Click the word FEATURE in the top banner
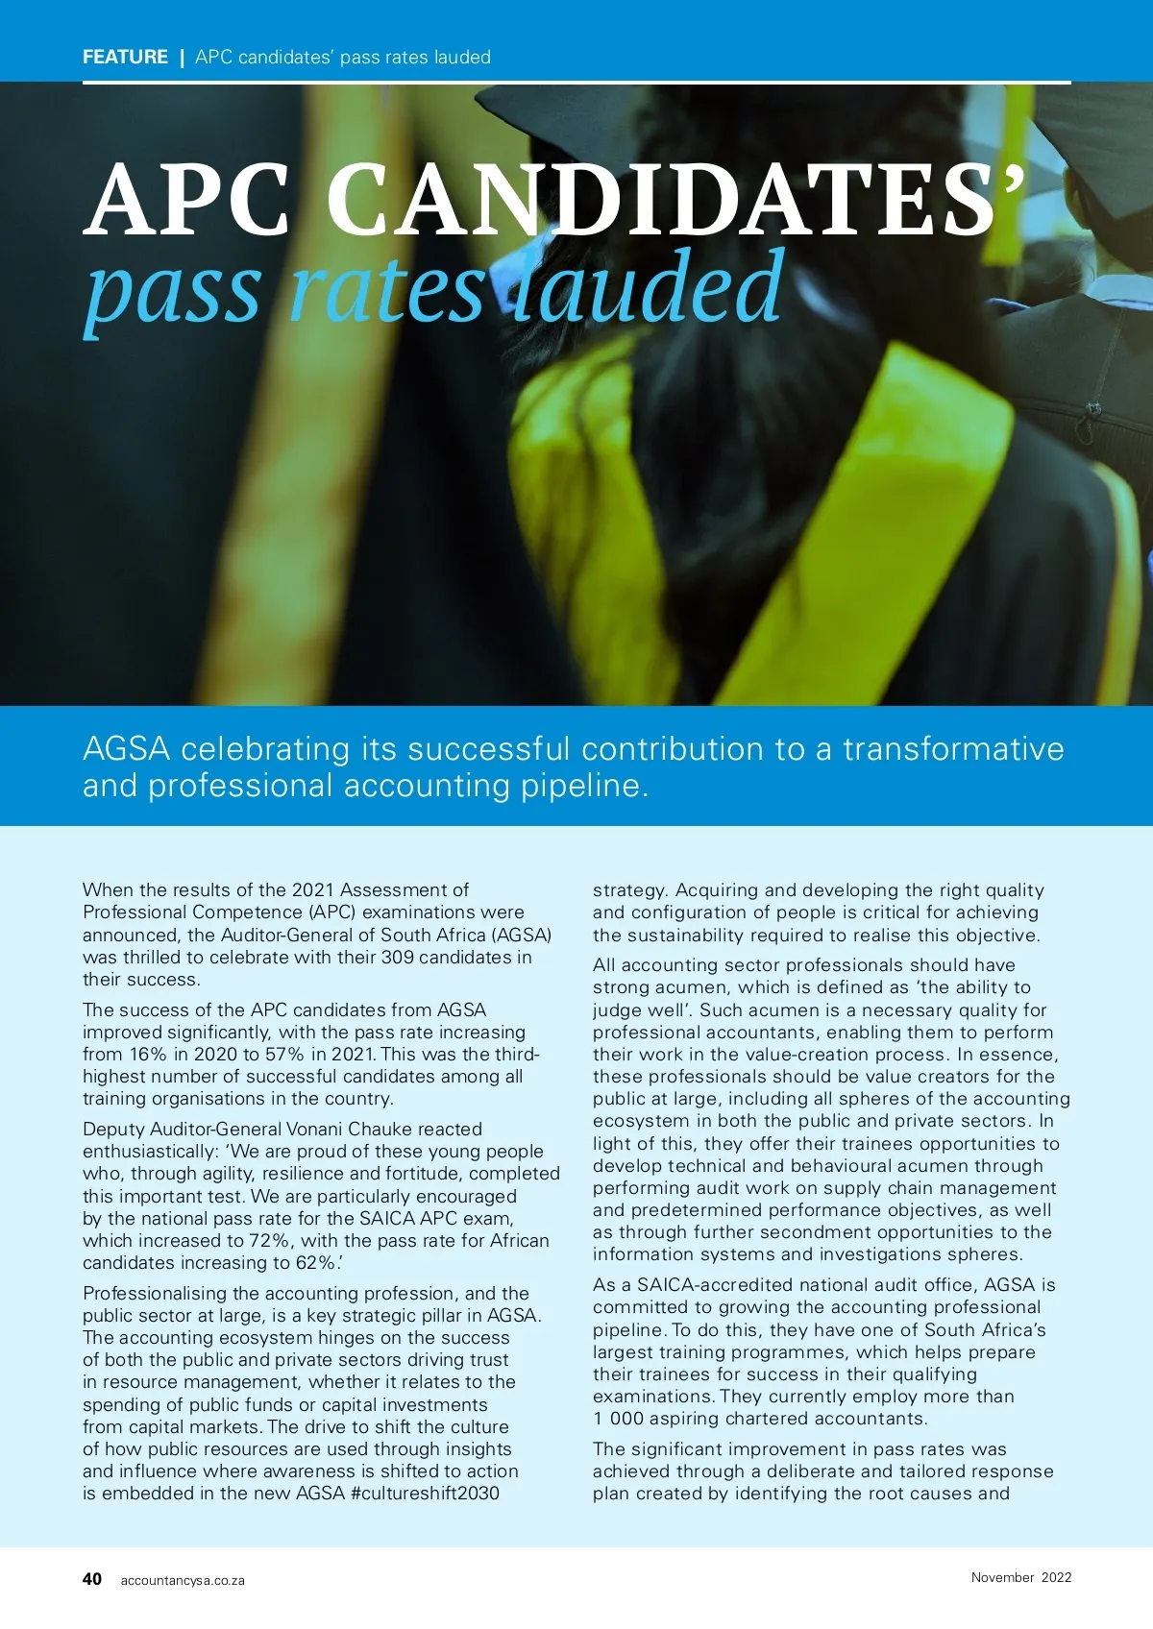click(125, 58)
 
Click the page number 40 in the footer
click(92, 1579)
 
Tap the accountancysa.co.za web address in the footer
click(183, 1581)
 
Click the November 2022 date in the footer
click(1020, 1577)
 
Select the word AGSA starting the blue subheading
click(126, 749)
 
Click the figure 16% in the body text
click(148, 1055)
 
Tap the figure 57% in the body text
click(284, 1055)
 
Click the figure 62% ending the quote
click(316, 1263)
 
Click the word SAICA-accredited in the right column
click(703, 1285)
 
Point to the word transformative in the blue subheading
click(953, 749)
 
